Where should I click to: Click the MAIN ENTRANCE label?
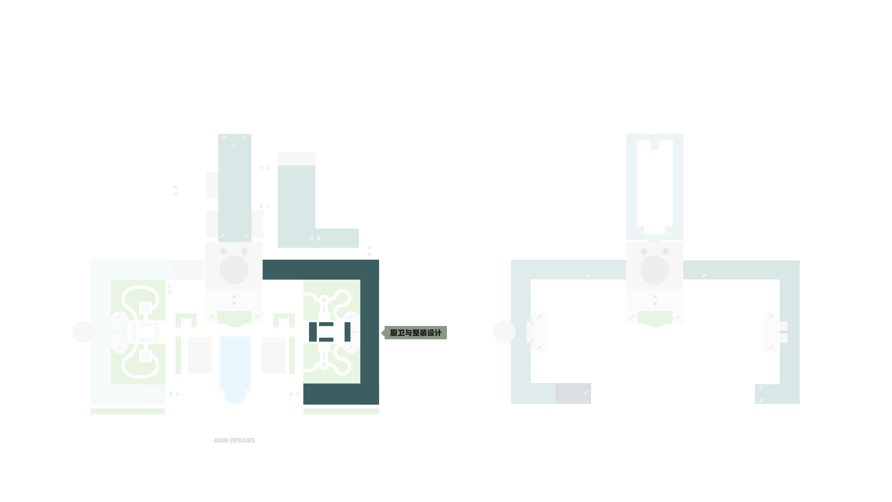234,440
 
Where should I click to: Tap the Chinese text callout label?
415,333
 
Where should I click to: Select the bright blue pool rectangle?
235,363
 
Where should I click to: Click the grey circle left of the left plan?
83,332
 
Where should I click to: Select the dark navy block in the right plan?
573,393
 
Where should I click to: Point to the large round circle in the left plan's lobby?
234,270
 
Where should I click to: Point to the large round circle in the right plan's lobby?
655,270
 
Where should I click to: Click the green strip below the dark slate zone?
341,411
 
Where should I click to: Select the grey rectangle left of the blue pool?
199,355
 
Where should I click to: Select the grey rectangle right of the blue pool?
273,355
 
